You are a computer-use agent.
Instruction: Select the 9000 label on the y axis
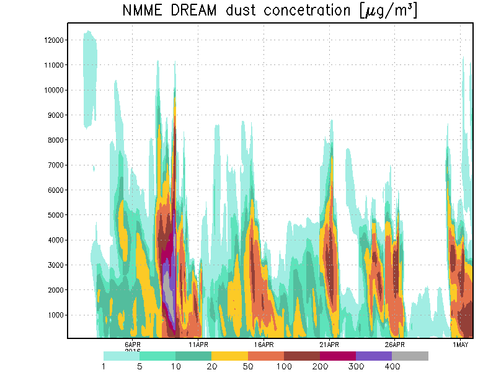pyautogui.click(x=51, y=115)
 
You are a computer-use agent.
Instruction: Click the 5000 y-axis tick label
pyautogui.click(x=51, y=215)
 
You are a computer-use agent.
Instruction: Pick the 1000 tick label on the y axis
pyautogui.click(x=51, y=315)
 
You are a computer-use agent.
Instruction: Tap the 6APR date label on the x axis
pyautogui.click(x=133, y=345)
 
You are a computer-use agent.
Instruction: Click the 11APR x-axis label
pyautogui.click(x=198, y=345)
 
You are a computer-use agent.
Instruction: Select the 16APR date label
pyautogui.click(x=263, y=345)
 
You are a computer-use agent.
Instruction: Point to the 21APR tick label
pyautogui.click(x=329, y=345)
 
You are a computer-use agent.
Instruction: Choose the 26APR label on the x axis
pyautogui.click(x=394, y=345)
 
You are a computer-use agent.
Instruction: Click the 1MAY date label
pyautogui.click(x=460, y=345)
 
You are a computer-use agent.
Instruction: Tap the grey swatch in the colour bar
pyautogui.click(x=410, y=356)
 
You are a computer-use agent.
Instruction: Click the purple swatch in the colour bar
pyautogui.click(x=374, y=356)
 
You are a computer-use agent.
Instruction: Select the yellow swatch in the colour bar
pyautogui.click(x=229, y=356)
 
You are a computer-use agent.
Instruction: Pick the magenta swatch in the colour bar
pyautogui.click(x=338, y=356)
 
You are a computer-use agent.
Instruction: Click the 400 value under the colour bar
pyautogui.click(x=392, y=367)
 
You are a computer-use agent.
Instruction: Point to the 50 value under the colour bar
pyautogui.click(x=248, y=367)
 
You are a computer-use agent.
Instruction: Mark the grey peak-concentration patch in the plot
pyautogui.click(x=169, y=297)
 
